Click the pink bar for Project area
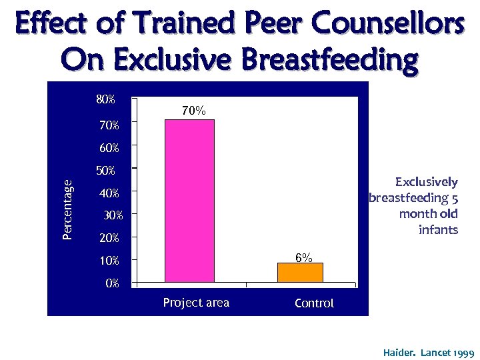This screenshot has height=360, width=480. click(189, 200)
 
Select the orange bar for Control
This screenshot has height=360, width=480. click(300, 272)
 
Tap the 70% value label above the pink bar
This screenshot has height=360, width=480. click(193, 111)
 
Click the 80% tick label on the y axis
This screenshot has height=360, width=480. click(105, 100)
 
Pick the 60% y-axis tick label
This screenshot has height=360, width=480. click(107, 147)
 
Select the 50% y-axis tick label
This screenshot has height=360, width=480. click(105, 171)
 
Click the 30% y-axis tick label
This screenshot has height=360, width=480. click(113, 215)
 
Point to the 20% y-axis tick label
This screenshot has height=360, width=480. click(109, 238)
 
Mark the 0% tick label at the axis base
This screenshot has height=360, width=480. click(111, 283)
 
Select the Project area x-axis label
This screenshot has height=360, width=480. click(196, 303)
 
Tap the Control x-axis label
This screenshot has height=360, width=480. click(314, 303)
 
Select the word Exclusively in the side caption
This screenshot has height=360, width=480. click(426, 182)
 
